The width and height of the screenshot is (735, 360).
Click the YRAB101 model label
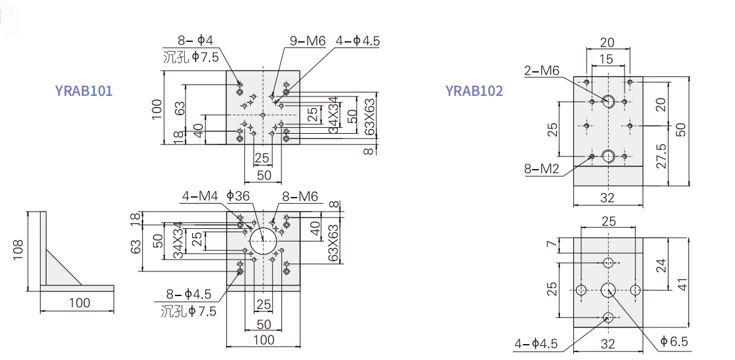coord(84,91)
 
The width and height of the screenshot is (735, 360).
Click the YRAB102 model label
coord(474,91)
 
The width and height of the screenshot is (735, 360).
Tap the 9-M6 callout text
coord(307,41)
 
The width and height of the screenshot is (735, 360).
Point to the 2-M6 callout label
coord(542,71)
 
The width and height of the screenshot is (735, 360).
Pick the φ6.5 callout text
coord(674,341)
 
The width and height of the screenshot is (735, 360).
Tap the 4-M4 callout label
coord(200,196)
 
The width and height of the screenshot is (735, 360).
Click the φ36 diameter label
coord(237,196)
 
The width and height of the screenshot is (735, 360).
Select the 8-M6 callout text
coord(300,196)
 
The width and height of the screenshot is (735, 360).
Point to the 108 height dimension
coord(19,252)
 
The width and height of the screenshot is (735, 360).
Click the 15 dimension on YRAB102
coord(605,59)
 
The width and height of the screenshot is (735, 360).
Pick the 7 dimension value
coord(551,246)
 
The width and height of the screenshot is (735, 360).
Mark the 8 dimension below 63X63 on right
coord(367,152)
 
